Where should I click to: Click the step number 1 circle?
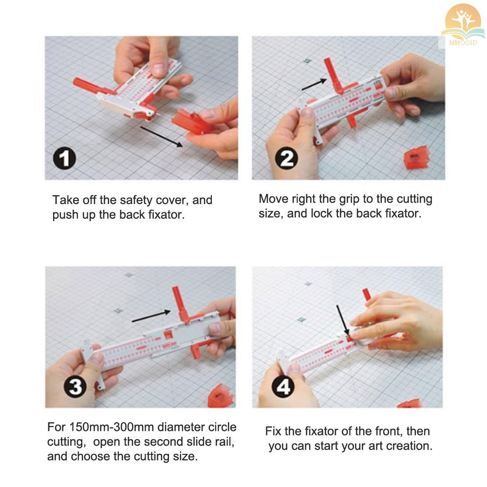tap(64, 158)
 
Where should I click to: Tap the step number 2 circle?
tap(286, 158)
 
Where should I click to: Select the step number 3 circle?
tap(75, 387)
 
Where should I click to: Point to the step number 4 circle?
tap(283, 387)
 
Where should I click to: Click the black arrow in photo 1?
tap(162, 137)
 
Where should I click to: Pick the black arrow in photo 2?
tap(314, 84)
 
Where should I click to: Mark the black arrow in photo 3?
tap(151, 316)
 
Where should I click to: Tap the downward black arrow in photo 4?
tap(343, 320)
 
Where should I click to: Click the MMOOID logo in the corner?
tap(463, 25)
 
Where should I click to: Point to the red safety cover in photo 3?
tap(221, 396)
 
